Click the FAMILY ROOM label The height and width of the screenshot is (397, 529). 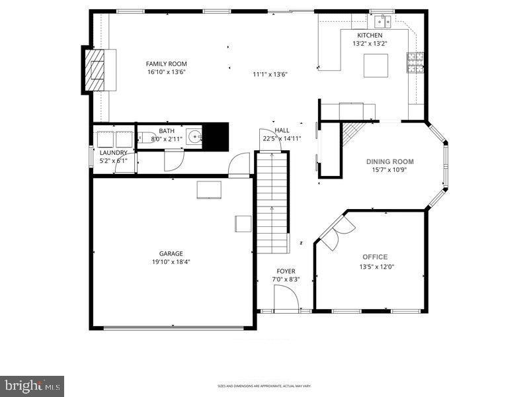pos(167,64)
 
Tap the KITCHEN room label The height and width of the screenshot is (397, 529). pos(370,35)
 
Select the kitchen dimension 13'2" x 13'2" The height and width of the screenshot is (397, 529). pos(370,44)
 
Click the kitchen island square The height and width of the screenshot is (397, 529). pos(376,66)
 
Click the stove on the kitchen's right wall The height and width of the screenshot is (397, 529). pos(416,62)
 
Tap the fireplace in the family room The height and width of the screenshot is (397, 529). pos(98,70)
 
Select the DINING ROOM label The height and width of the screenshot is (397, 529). pos(390,161)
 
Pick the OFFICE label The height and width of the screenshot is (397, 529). pos(375,257)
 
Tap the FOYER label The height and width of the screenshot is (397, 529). pos(286,271)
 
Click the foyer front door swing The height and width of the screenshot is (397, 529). pos(286,299)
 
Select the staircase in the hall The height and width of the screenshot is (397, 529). pos(273,202)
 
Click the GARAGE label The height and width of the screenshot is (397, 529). pos(171,253)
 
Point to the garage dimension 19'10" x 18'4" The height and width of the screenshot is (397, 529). pos(171,262)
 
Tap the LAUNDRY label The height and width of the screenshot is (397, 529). pos(113,152)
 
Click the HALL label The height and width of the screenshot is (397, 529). pos(282,130)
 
